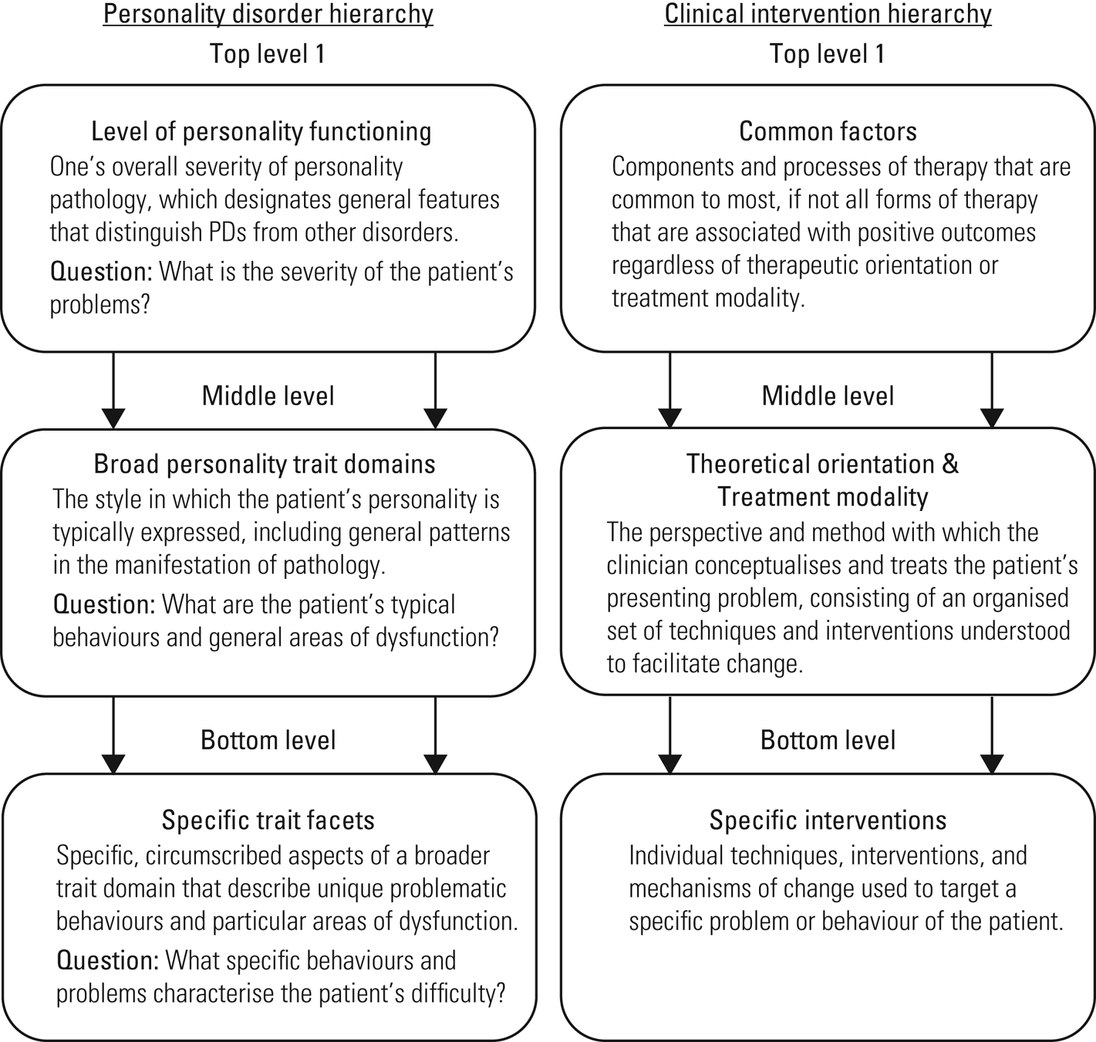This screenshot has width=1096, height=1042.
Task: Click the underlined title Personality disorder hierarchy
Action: pos(268,14)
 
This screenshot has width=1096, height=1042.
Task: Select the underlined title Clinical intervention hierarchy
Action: pos(828,14)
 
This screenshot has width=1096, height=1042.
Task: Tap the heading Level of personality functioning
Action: pos(261,132)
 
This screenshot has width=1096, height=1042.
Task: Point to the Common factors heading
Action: pos(828,132)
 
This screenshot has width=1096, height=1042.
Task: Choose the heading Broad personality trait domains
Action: pos(265,465)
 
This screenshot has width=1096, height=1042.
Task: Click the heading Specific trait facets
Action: pos(268,820)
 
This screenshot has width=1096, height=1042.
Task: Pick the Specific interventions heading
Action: pos(828,820)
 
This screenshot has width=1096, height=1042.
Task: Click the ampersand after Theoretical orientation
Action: pos(950,465)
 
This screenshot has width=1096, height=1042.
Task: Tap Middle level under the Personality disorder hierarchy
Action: pos(268,396)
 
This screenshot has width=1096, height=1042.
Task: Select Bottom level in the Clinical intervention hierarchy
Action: pos(828,740)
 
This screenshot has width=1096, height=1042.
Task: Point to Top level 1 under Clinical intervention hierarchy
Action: pos(828,54)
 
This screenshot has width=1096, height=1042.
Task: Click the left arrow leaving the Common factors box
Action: pos(669,390)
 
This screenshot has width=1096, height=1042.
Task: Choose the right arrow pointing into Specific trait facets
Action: pos(435,736)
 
